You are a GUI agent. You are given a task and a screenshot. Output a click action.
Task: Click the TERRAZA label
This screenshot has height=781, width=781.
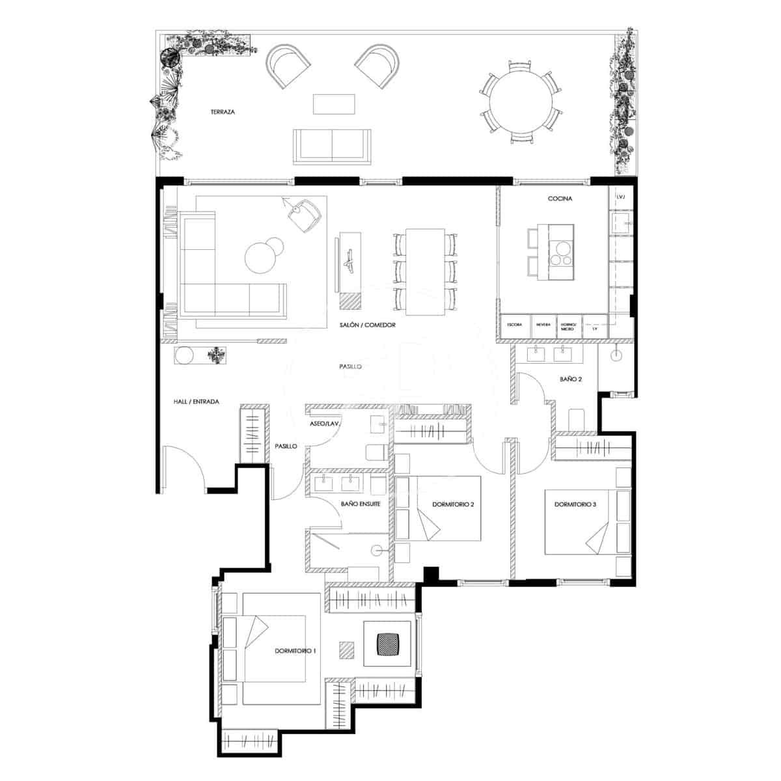click(x=223, y=112)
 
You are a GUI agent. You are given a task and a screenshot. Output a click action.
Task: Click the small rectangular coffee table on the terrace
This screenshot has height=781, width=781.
click(x=335, y=104)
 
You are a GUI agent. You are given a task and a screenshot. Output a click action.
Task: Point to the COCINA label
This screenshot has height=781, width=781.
click(x=560, y=199)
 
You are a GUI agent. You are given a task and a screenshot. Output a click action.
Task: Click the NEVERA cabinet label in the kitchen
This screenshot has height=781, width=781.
click(x=543, y=324)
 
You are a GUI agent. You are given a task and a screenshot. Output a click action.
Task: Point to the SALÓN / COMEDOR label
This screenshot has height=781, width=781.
click(x=367, y=325)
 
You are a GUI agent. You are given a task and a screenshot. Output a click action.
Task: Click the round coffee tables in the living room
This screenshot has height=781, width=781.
click(x=264, y=254)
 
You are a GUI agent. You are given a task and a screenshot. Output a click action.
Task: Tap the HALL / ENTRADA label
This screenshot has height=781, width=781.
click(x=196, y=402)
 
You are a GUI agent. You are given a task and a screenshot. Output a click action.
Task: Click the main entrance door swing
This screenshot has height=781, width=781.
click(x=185, y=465)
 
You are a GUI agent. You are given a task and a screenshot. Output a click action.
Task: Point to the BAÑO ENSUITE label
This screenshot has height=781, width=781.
click(x=360, y=503)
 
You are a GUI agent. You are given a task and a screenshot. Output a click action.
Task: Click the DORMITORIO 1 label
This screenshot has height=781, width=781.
click(x=295, y=650)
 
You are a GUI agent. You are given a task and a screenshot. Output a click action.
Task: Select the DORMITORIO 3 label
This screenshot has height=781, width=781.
click(x=575, y=504)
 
